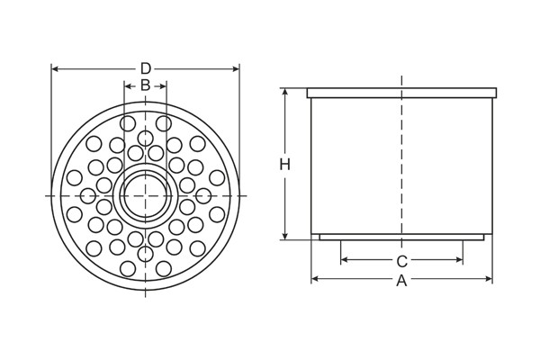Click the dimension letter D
click(x=145, y=68)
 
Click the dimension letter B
click(x=145, y=85)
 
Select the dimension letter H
click(x=284, y=165)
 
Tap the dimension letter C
click(x=402, y=262)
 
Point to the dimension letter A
click(x=402, y=281)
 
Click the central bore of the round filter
click(x=145, y=195)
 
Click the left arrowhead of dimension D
click(x=54, y=68)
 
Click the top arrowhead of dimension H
click(x=284, y=91)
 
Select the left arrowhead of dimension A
click(x=314, y=281)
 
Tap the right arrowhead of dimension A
click(x=490, y=281)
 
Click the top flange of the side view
click(x=401, y=93)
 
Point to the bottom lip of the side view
click(x=401, y=238)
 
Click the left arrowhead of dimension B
click(x=126, y=85)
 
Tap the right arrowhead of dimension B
click(x=164, y=85)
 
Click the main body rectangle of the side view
click(x=360, y=166)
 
